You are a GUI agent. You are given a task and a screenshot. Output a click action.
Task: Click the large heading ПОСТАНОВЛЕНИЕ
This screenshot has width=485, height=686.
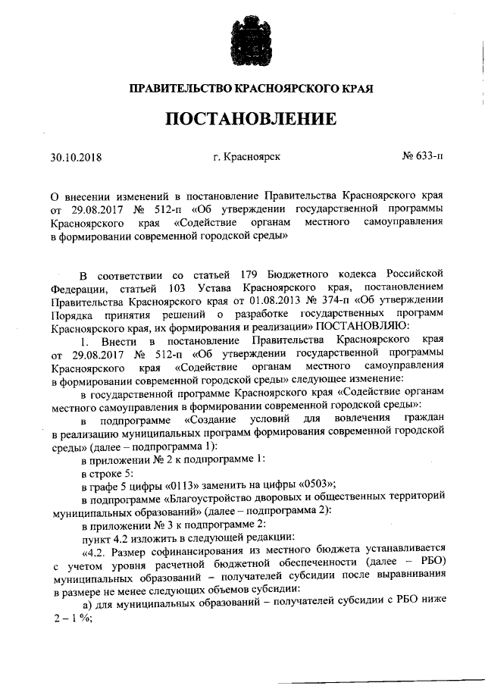tap(242, 120)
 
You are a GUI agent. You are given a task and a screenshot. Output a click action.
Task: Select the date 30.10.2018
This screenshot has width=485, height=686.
tap(77, 158)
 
